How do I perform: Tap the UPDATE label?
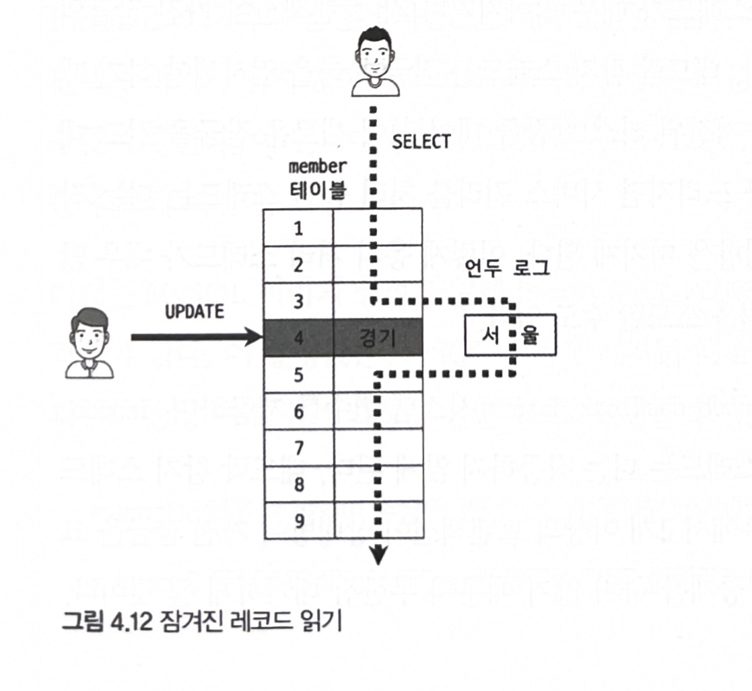tap(195, 313)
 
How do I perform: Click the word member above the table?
tap(317, 166)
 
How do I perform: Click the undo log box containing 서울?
tap(510, 335)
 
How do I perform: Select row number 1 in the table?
tap(298, 228)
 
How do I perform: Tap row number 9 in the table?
tap(298, 521)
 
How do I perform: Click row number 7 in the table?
tap(298, 448)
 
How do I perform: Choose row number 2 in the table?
tap(298, 265)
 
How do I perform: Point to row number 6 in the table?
tap(298, 412)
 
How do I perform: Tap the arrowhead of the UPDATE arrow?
tap(254, 337)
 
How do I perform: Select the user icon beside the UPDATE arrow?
tap(90, 342)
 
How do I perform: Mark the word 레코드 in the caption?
tap(255, 621)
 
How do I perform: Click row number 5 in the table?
tap(298, 375)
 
